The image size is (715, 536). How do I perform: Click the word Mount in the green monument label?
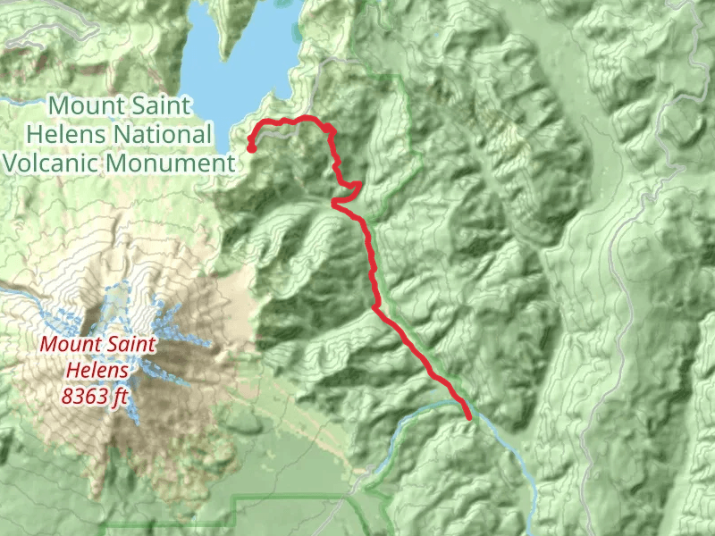click(x=81, y=105)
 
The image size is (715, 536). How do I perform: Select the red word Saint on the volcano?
click(x=131, y=345)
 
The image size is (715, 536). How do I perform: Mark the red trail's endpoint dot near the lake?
click(x=252, y=148)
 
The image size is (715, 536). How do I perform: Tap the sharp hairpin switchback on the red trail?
click(x=334, y=204)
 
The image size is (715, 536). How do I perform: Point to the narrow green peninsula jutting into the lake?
click(x=234, y=27)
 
